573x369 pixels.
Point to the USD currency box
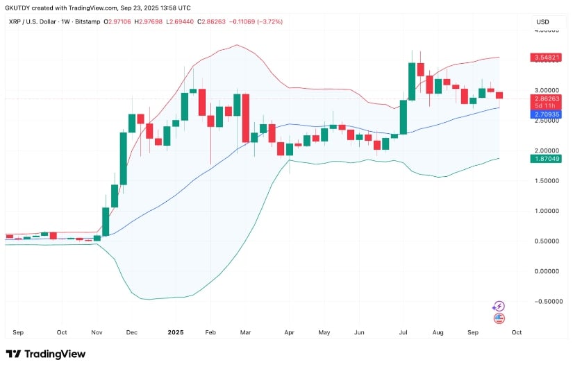tap(542, 22)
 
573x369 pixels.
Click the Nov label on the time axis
tap(97, 332)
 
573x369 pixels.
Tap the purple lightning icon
tap(498, 306)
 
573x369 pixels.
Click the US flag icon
tap(498, 318)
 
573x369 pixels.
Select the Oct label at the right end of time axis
tap(516, 332)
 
